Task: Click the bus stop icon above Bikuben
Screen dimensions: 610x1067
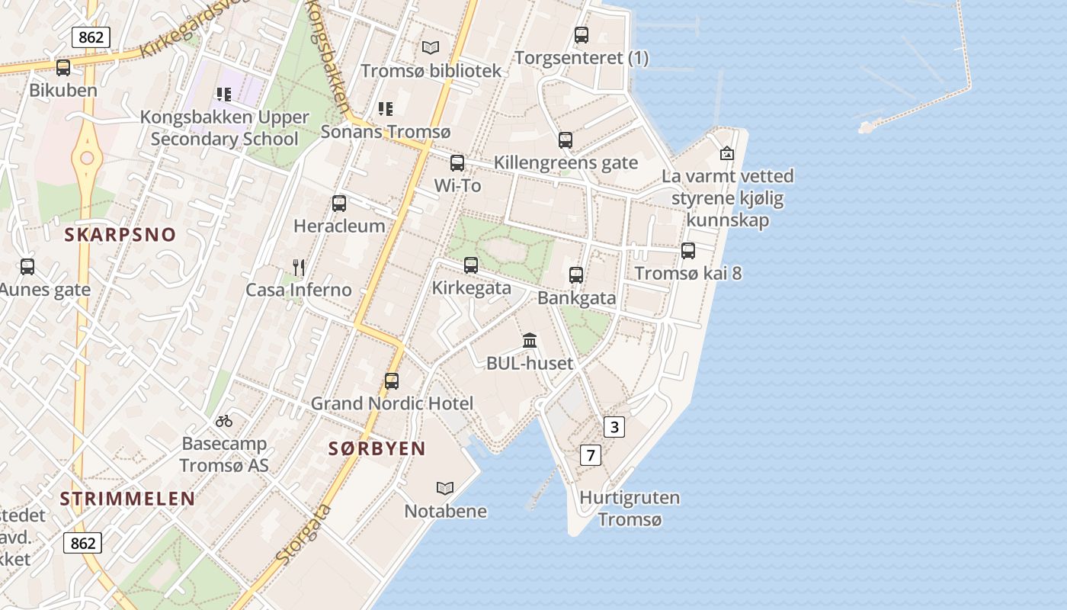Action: pyautogui.click(x=63, y=67)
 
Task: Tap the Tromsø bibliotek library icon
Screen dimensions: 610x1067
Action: pyautogui.click(x=431, y=47)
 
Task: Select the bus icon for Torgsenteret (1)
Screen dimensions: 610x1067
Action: pyautogui.click(x=582, y=35)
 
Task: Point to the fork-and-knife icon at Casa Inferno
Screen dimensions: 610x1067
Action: pyautogui.click(x=299, y=267)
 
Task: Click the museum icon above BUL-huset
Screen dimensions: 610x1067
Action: pyautogui.click(x=530, y=340)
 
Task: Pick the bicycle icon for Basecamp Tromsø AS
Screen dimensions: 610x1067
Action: pyautogui.click(x=224, y=420)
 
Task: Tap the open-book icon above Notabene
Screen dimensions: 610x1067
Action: pyautogui.click(x=445, y=488)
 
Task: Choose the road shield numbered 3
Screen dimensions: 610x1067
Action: pyautogui.click(x=614, y=427)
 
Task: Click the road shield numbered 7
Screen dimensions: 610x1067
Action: pyautogui.click(x=591, y=455)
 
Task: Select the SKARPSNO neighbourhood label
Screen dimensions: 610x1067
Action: pyautogui.click(x=120, y=235)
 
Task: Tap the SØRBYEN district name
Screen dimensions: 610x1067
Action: pyautogui.click(x=376, y=448)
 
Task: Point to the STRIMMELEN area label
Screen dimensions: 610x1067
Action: pyautogui.click(x=127, y=499)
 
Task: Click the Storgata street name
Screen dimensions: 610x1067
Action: pyautogui.click(x=304, y=534)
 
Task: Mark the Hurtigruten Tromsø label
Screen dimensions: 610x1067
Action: pyautogui.click(x=630, y=509)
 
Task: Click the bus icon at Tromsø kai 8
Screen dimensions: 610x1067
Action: pyautogui.click(x=688, y=250)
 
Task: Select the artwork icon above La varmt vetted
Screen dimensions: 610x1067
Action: pyautogui.click(x=727, y=153)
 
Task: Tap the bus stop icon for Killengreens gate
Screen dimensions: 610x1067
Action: pyautogui.click(x=566, y=140)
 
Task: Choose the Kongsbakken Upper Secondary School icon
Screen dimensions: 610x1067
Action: pyautogui.click(x=224, y=95)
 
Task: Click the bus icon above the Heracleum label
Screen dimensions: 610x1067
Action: pyautogui.click(x=339, y=204)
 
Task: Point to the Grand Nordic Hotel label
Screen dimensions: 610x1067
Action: pyautogui.click(x=392, y=403)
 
